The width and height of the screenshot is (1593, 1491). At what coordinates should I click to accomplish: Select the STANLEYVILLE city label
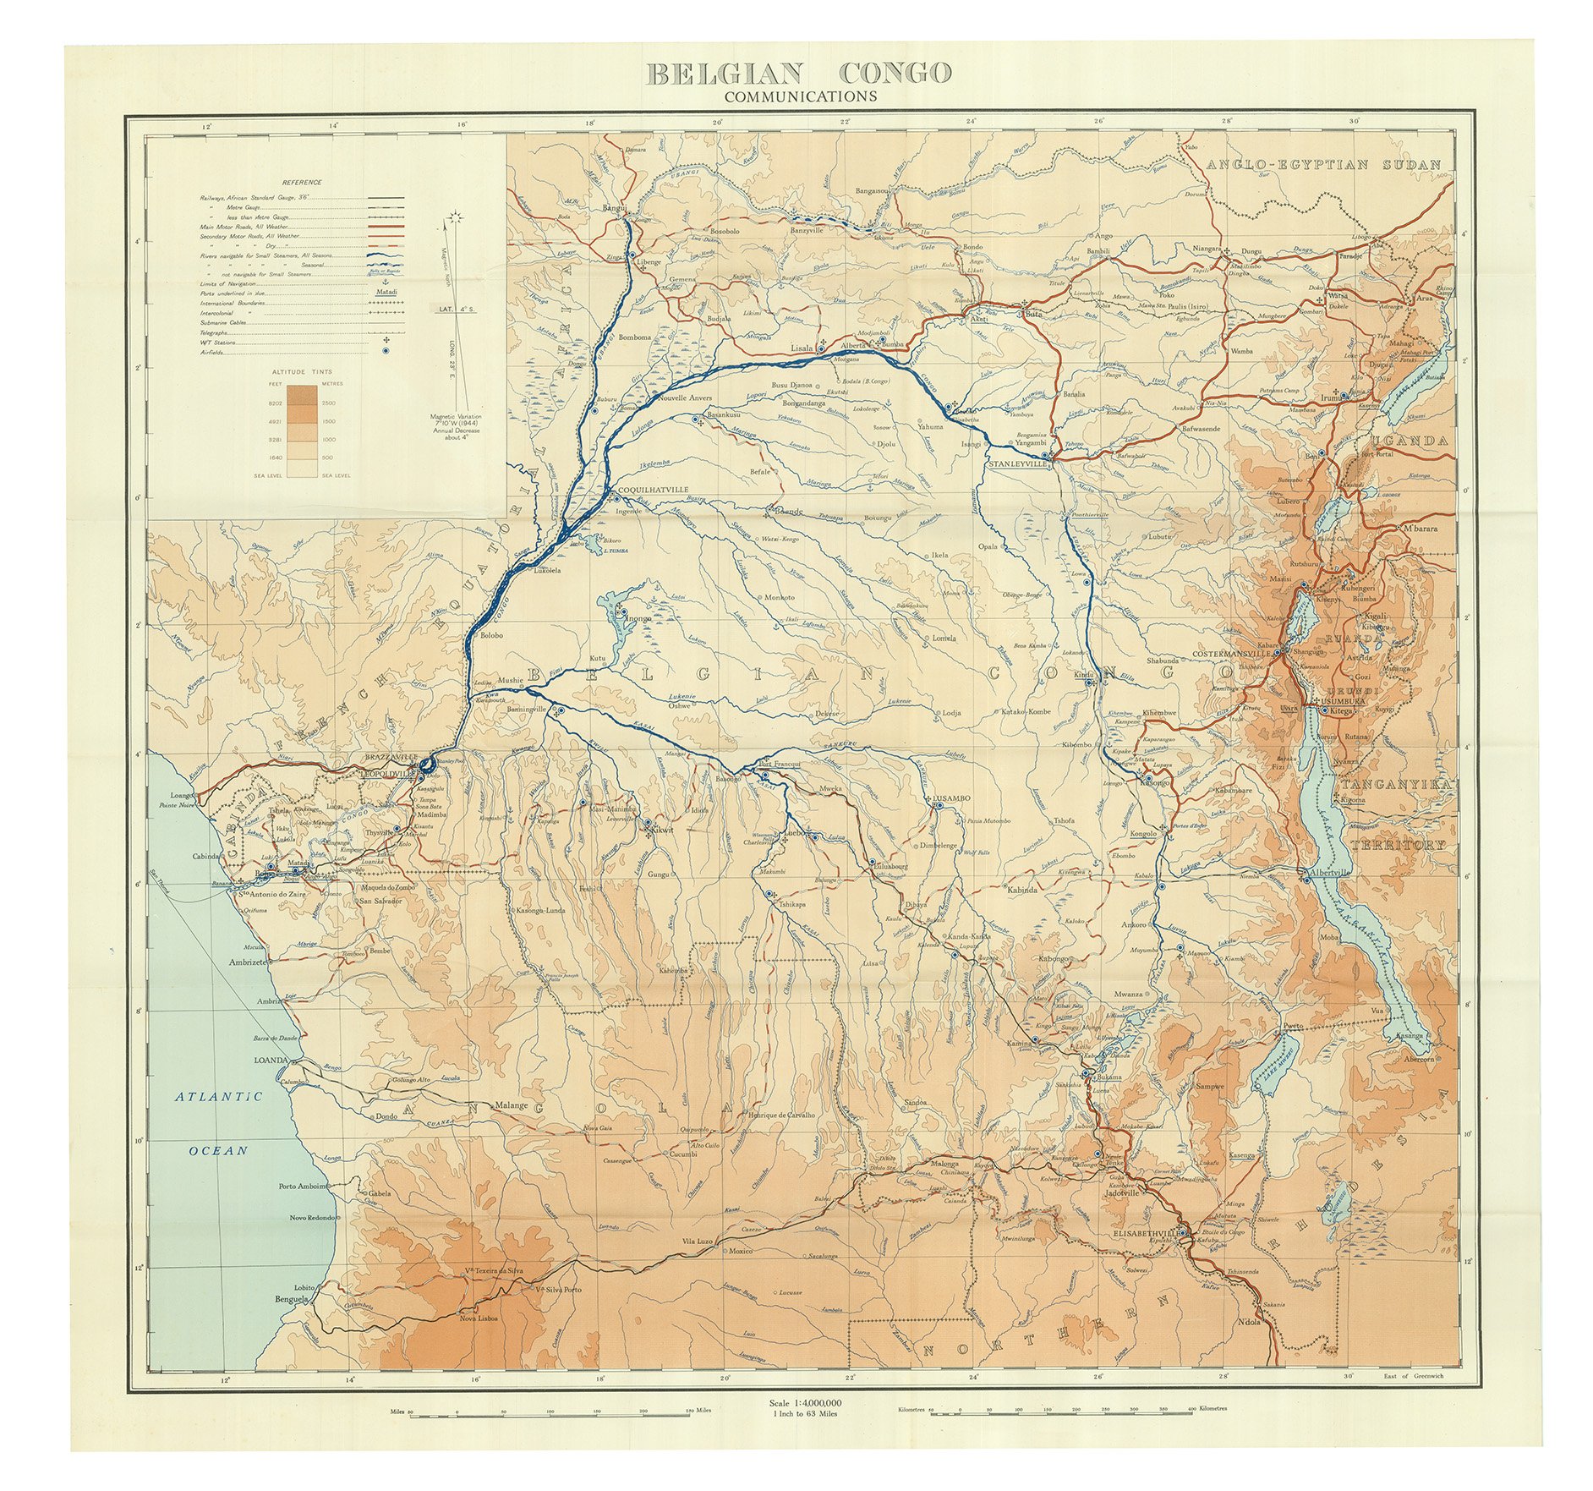(x=1018, y=463)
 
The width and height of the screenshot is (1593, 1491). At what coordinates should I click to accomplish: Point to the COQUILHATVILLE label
(x=654, y=490)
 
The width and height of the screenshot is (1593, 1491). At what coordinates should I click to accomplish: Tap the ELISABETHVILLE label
(x=1145, y=1234)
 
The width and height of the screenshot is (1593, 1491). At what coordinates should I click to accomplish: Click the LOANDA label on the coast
(x=271, y=1059)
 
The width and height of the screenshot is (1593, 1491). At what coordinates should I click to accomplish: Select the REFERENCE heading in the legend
(x=302, y=182)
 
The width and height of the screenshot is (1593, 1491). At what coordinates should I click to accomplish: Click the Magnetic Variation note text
(x=455, y=423)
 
